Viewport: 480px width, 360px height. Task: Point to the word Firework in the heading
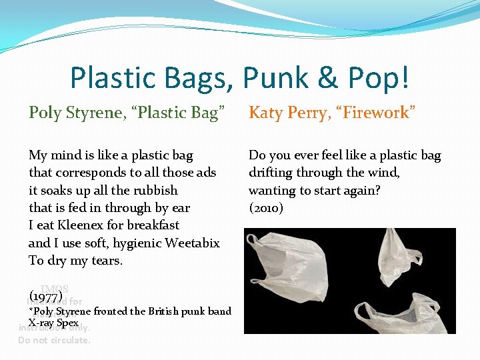click(x=377, y=113)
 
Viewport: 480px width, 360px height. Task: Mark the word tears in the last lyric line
click(x=107, y=261)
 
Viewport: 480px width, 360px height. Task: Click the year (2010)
click(x=266, y=209)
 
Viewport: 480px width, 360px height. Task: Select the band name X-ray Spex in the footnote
click(x=53, y=323)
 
